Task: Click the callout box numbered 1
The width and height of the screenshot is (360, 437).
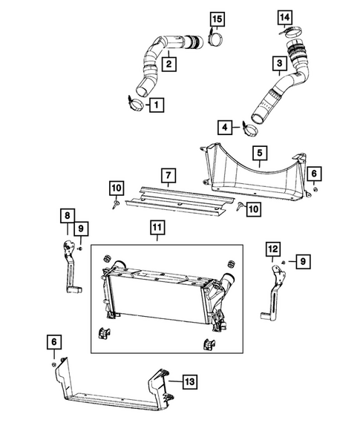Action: [157, 105]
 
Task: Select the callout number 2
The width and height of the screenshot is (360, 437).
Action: [170, 65]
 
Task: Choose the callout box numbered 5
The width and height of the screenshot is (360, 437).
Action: [260, 154]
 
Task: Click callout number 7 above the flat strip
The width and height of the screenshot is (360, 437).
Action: [169, 176]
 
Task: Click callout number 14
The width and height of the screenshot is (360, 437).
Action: [285, 16]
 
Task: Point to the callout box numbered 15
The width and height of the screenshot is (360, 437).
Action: [216, 17]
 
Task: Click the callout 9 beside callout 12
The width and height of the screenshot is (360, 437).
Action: [303, 260]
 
